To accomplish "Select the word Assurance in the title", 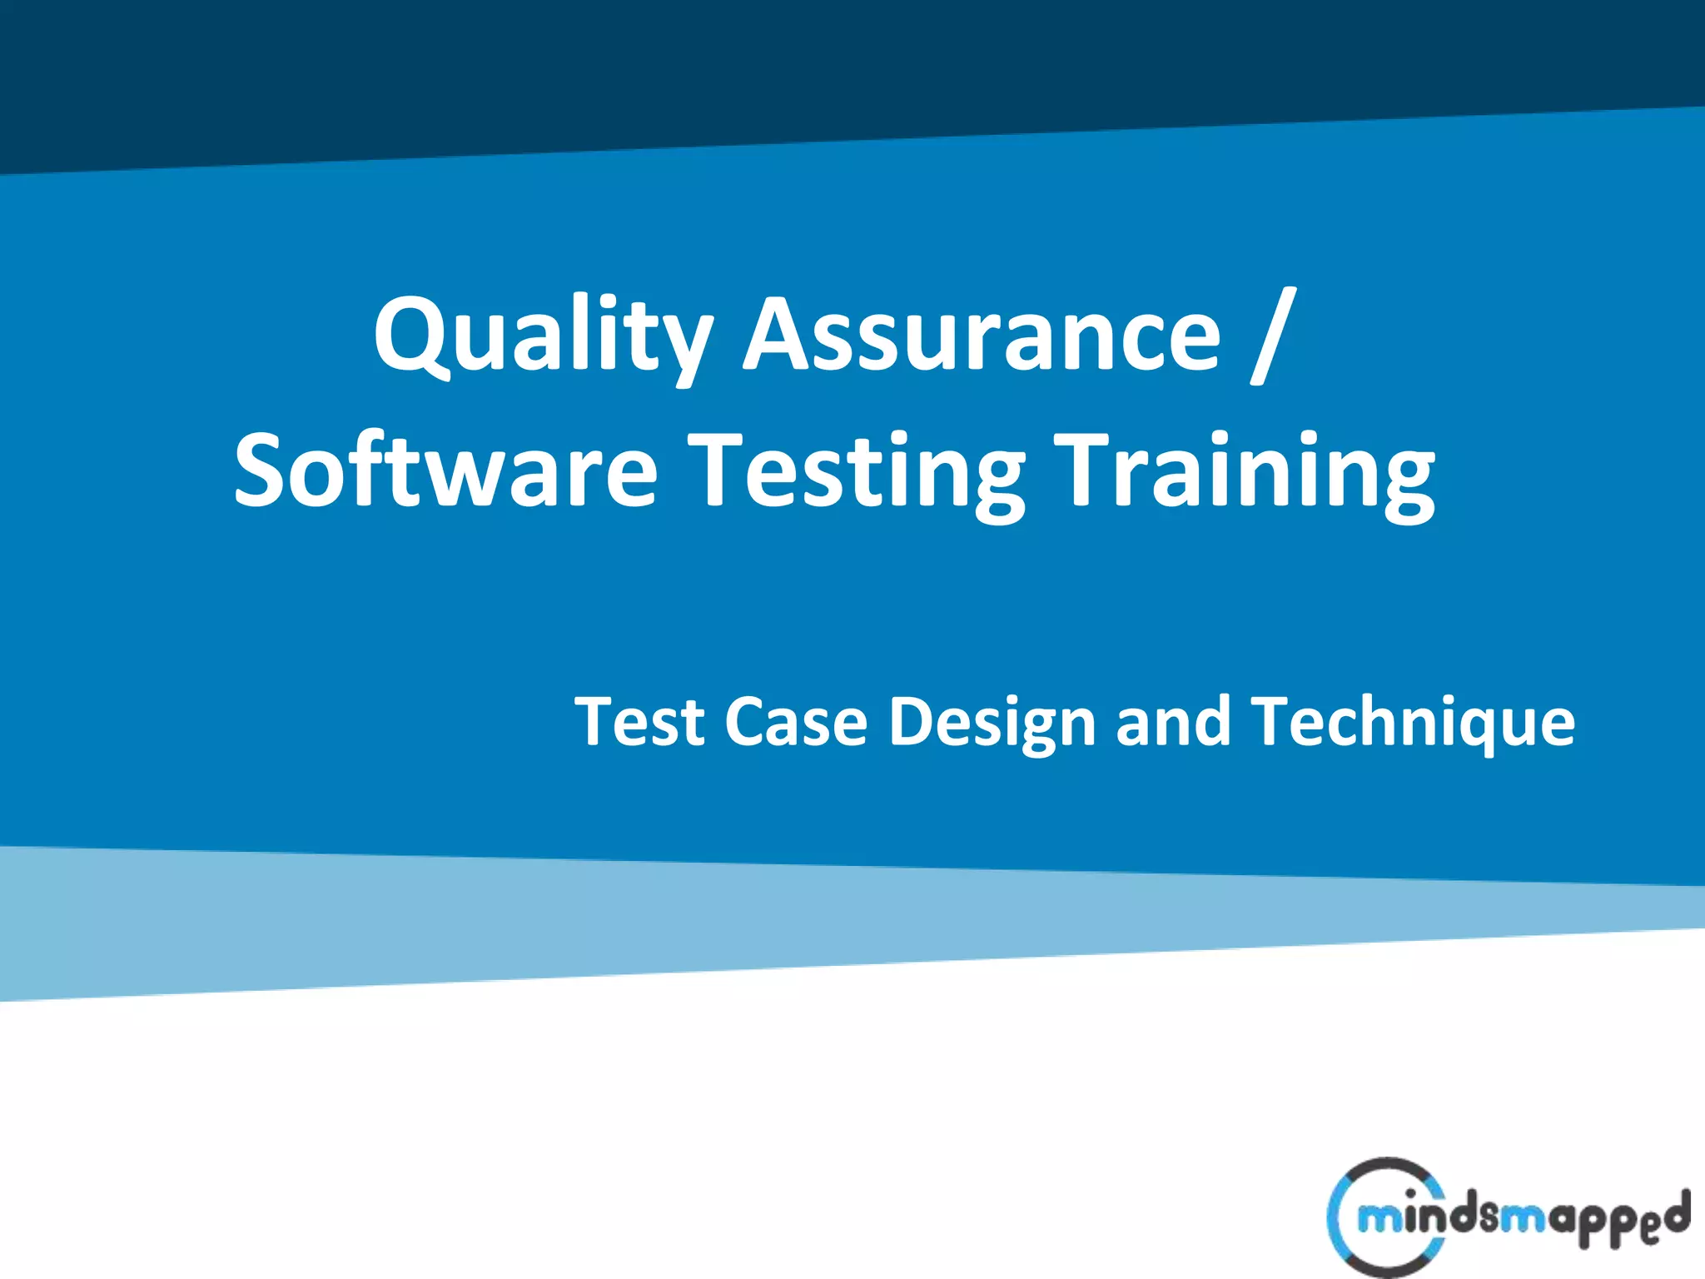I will [982, 336].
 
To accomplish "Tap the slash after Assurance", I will [1272, 336].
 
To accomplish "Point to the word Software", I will [446, 471].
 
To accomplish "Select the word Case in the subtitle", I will [796, 721].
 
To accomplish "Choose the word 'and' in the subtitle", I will [1173, 721].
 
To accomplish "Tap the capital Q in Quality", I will [413, 336].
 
